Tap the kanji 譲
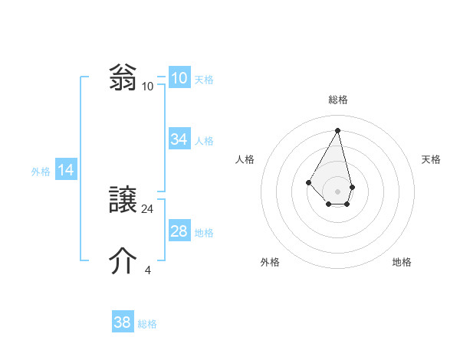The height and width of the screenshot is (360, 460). (x=123, y=200)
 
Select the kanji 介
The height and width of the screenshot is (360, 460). (x=123, y=261)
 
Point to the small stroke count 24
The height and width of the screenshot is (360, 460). (x=148, y=208)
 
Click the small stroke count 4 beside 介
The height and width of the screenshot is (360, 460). (x=148, y=270)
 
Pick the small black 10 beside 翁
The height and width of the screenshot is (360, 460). (x=148, y=86)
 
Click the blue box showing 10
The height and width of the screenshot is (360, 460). (x=179, y=78)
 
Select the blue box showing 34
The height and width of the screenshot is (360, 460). (x=179, y=139)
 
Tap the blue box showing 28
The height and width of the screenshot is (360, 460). (x=179, y=231)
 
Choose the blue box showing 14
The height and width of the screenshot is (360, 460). (x=66, y=171)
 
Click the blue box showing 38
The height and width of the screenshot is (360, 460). (x=123, y=322)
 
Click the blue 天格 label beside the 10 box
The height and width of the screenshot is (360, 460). (x=204, y=80)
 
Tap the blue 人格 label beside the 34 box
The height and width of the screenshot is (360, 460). (x=204, y=141)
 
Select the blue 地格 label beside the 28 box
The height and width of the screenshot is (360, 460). (x=204, y=233)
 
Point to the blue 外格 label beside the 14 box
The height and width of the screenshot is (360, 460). (x=41, y=172)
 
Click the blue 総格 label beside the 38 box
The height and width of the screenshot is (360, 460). (x=147, y=324)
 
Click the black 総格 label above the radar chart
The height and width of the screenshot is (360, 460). (x=338, y=100)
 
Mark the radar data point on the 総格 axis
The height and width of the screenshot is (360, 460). (x=338, y=130)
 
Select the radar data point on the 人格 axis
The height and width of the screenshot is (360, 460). (x=308, y=182)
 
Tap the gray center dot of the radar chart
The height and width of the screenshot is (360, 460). (x=338, y=191)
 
